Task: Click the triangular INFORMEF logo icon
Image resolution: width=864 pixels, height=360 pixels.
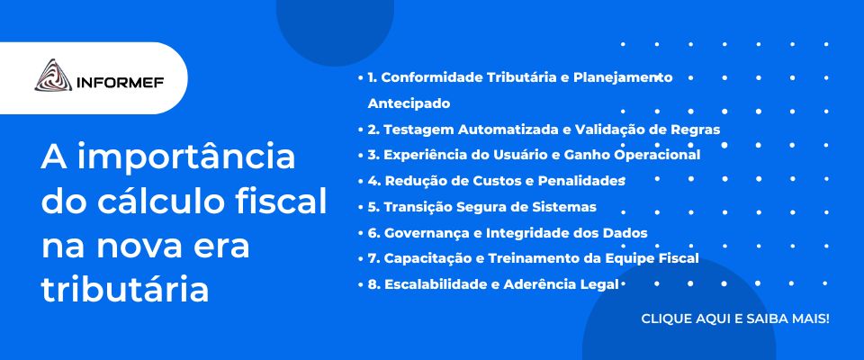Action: (x=53, y=76)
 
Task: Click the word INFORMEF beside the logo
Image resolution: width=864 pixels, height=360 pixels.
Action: (x=120, y=83)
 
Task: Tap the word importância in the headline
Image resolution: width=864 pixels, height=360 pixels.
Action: (x=186, y=158)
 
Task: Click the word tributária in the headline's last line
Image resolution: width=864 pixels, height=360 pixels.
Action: (x=125, y=290)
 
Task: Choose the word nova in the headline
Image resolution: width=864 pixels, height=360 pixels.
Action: (x=139, y=247)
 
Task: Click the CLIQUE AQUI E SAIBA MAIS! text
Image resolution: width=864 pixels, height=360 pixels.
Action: (x=735, y=319)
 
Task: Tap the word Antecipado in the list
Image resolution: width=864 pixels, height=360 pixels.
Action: (x=409, y=103)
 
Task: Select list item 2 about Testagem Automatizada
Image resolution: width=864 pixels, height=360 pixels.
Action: (x=544, y=130)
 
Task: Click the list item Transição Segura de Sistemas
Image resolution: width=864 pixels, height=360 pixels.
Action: (x=482, y=207)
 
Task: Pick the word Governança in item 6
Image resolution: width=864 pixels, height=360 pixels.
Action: (x=427, y=233)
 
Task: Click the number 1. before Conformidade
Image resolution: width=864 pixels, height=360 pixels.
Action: (x=372, y=77)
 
